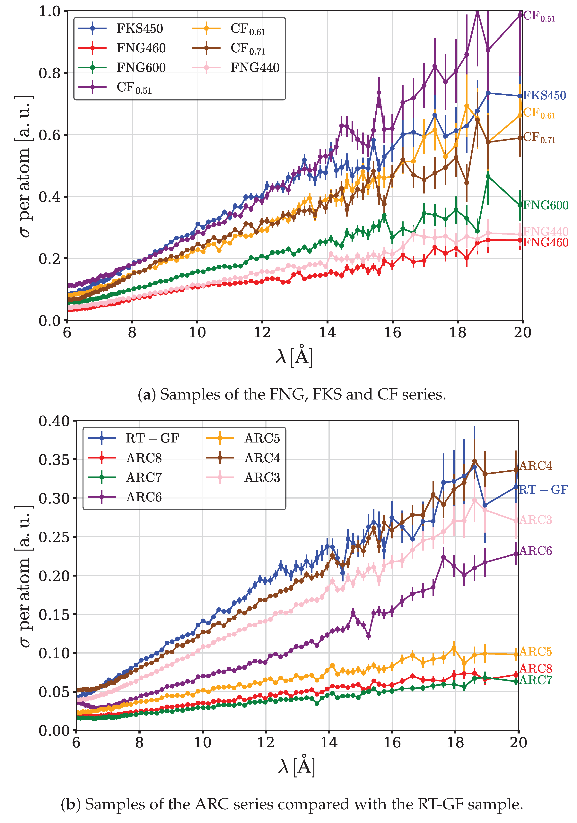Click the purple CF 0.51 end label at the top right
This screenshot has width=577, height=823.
[x=539, y=16]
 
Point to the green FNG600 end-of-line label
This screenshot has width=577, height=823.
[x=546, y=205]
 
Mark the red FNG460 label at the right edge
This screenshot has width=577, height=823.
[x=546, y=243]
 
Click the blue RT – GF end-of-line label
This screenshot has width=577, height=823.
[x=543, y=490]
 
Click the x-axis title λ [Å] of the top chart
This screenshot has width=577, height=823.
[x=294, y=356]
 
